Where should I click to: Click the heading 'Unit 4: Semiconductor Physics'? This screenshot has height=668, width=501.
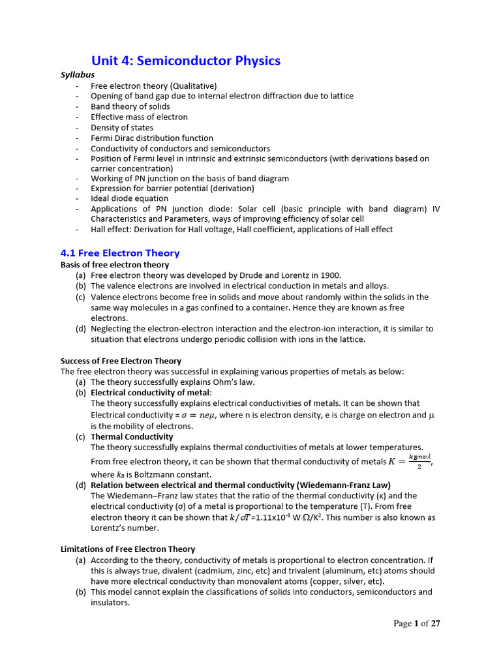click(x=185, y=61)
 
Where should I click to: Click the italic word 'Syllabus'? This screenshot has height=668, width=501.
click(x=78, y=75)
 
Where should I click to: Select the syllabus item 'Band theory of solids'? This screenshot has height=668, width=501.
click(x=130, y=106)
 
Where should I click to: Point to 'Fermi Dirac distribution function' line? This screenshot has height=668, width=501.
click(x=151, y=138)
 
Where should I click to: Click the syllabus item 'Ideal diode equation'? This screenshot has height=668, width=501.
click(x=129, y=198)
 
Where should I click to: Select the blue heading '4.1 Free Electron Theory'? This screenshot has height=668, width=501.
click(x=119, y=253)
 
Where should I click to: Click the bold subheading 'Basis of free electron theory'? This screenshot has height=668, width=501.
click(x=115, y=265)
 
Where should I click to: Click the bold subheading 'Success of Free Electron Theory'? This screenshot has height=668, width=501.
click(x=121, y=361)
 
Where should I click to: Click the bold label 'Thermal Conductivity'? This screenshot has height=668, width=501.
click(x=132, y=436)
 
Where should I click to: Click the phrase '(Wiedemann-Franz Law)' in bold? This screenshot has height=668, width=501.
click(x=352, y=485)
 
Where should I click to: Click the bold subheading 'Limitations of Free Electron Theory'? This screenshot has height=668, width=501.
click(x=127, y=549)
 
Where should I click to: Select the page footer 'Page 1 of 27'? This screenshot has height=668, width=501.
click(x=417, y=624)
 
